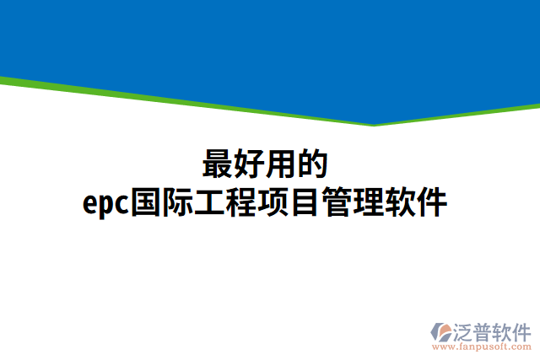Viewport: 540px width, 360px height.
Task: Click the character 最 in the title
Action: tap(218, 164)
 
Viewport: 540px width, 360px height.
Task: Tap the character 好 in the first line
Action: tap(250, 164)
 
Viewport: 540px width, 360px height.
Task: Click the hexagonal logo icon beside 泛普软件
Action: tap(441, 331)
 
